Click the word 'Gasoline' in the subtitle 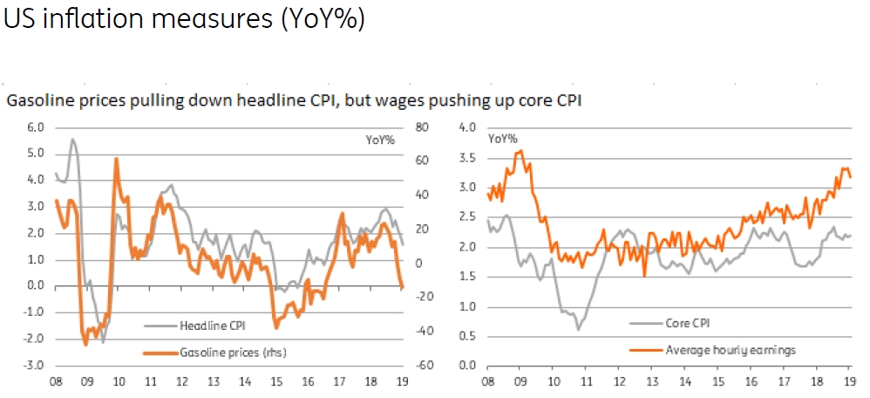[37, 100]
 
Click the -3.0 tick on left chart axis [31, 365]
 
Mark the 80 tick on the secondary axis [424, 127]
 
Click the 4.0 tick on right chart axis [466, 127]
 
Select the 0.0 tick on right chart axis [466, 365]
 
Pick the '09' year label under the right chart [520, 382]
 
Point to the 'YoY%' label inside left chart [378, 140]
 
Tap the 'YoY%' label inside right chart [502, 138]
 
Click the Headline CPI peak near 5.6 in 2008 [72, 140]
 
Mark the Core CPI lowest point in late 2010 [577, 329]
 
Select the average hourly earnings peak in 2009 [520, 151]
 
